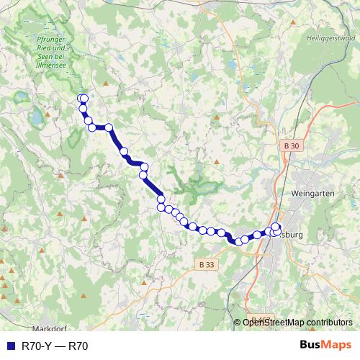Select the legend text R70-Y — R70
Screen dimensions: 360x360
tap(55, 346)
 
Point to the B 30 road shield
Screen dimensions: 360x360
tap(289, 145)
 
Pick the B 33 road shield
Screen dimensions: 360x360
tap(205, 264)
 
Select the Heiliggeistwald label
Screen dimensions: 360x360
tap(330, 38)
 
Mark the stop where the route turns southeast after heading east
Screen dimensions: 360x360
tap(109, 127)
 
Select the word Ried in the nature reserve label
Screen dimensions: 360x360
tap(27, 49)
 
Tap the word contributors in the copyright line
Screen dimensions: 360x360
tap(328, 322)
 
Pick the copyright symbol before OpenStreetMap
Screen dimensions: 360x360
tap(238, 322)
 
